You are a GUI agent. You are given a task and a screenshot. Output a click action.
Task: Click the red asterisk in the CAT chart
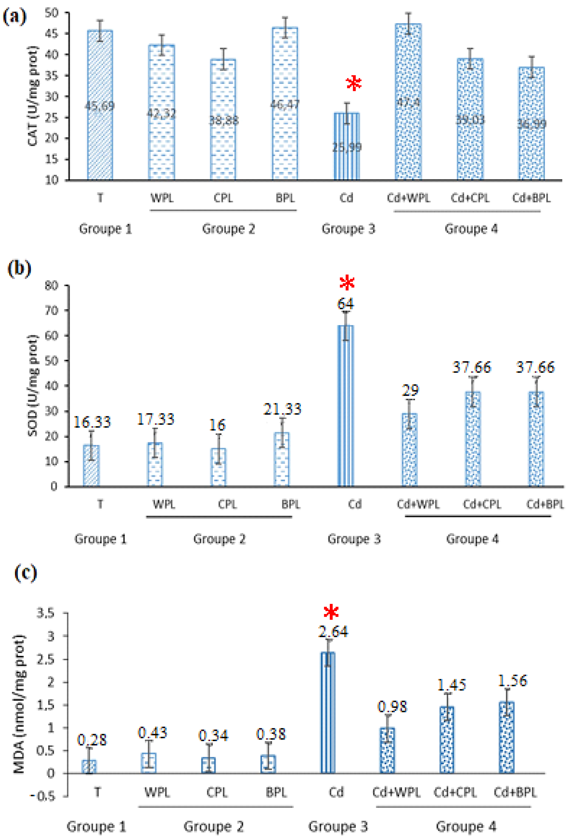pos(353,83)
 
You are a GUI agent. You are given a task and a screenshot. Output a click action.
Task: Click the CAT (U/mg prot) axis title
pos(33,96)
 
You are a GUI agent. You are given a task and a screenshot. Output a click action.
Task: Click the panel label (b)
pos(19,268)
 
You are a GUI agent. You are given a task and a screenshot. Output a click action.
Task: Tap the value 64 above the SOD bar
pos(345,304)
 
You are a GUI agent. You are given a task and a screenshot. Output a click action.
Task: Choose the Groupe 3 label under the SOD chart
pos(354,539)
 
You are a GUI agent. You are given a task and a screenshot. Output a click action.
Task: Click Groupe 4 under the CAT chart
pos(471,229)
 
